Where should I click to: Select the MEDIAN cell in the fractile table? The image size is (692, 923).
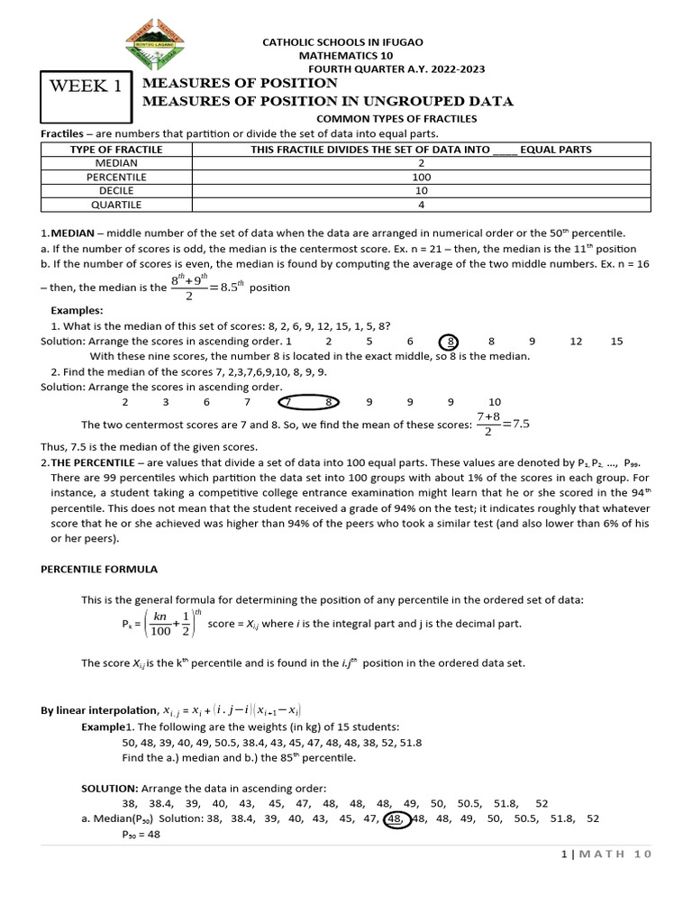pos(116,163)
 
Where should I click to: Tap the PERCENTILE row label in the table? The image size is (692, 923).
pos(116,178)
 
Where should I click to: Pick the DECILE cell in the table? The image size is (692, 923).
pos(116,191)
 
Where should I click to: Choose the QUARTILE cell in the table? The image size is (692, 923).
pos(116,206)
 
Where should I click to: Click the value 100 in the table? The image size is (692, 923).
pos(421,178)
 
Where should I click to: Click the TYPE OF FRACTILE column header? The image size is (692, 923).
pos(116,150)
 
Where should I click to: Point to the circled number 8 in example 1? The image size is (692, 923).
pos(450,342)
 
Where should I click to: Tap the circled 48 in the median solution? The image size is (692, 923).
pos(395,818)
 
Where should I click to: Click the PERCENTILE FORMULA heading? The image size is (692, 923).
pos(99,570)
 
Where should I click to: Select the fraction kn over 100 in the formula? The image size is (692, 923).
pos(160,624)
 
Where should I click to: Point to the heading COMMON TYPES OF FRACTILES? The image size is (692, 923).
pos(396,118)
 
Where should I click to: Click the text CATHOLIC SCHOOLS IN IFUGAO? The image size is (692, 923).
pos(341,42)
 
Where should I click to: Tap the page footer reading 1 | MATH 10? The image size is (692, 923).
pos(605,854)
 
